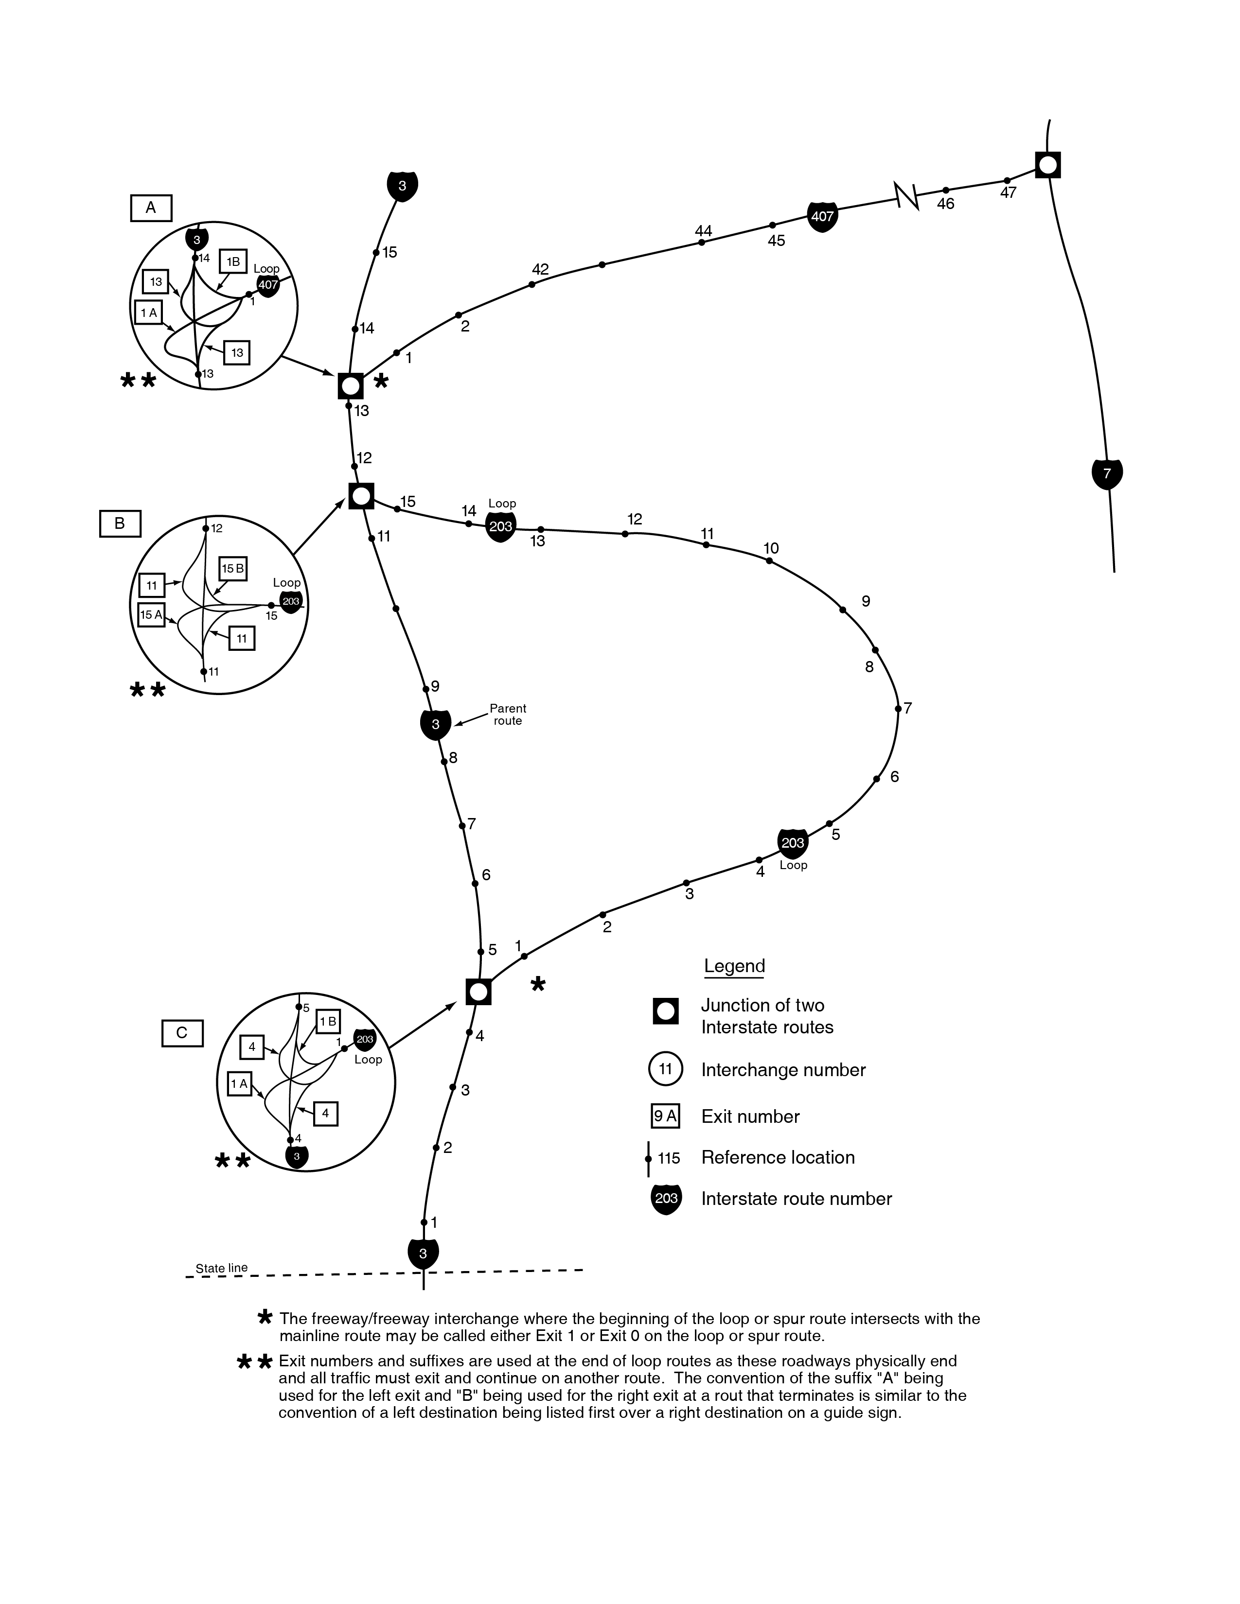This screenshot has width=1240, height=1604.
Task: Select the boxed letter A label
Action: [151, 208]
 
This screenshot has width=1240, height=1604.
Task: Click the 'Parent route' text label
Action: [508, 715]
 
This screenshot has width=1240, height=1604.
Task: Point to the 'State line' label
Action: [221, 1268]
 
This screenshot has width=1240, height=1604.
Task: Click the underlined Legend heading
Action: [734, 966]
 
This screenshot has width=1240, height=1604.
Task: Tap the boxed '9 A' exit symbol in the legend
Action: [665, 1116]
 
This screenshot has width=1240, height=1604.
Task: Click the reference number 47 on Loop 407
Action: [1008, 193]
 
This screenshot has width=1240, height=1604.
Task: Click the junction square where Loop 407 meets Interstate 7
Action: [1047, 164]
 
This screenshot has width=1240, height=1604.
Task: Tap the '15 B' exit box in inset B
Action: [233, 569]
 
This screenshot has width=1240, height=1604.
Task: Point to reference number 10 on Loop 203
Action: [771, 549]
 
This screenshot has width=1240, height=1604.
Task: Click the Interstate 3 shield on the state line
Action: [423, 1254]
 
